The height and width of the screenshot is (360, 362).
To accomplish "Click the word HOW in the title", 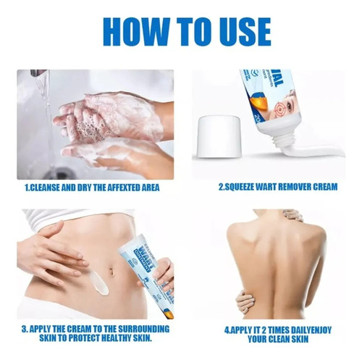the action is [x=135, y=32].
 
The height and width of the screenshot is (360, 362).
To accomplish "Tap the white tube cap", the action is [x=219, y=135].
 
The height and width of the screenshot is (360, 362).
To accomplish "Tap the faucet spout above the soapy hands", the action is [x=38, y=73].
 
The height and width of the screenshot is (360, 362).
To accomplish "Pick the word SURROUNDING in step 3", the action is [x=145, y=329].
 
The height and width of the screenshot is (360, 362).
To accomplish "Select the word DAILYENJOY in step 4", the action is [x=311, y=330].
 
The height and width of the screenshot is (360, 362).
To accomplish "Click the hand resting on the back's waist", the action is [x=244, y=302].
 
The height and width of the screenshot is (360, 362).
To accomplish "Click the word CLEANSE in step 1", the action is [x=44, y=188].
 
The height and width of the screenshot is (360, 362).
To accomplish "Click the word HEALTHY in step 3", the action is [x=117, y=338].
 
